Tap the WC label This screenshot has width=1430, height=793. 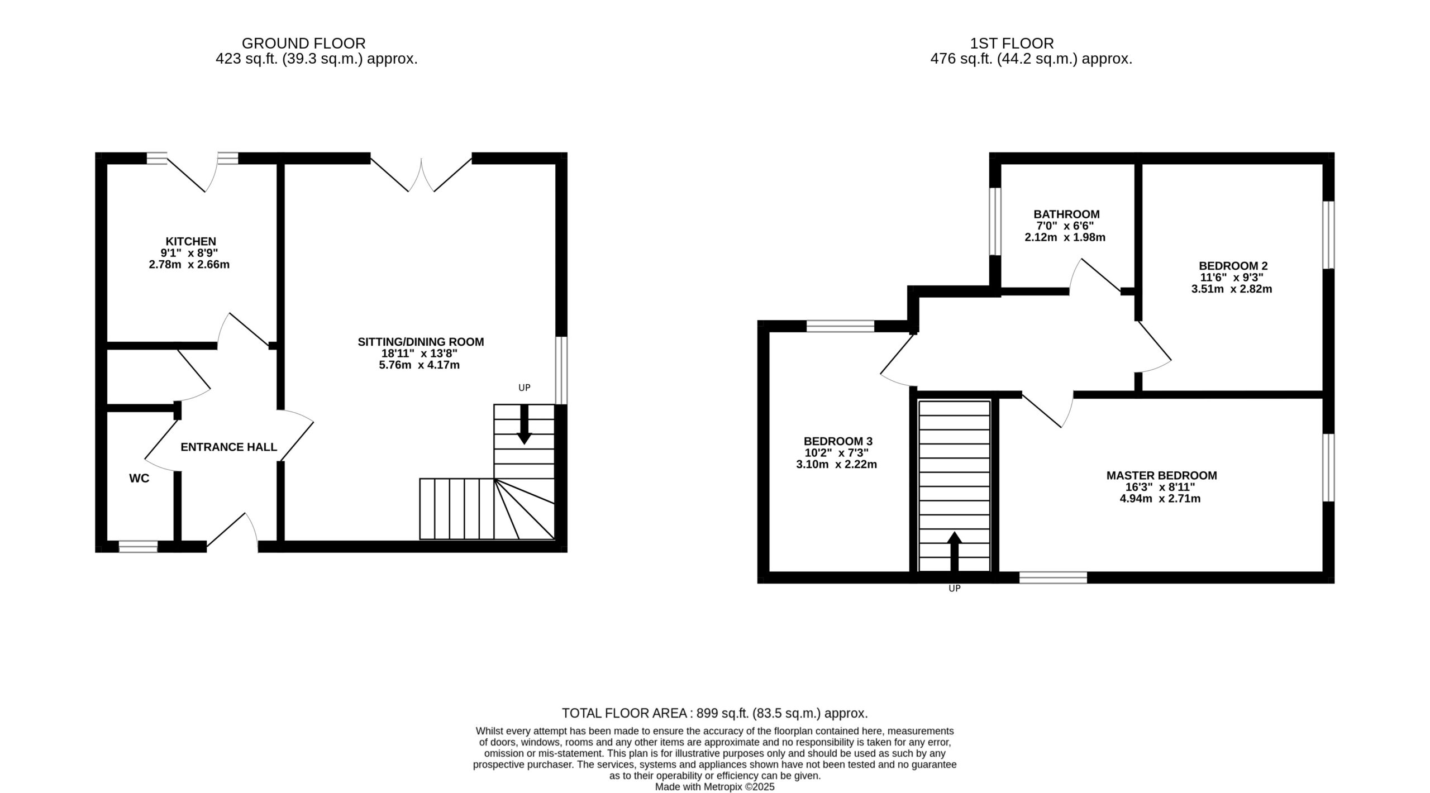(139, 479)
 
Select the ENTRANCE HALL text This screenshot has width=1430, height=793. (229, 447)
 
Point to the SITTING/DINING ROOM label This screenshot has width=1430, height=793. (421, 342)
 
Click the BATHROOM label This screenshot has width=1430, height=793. (1066, 214)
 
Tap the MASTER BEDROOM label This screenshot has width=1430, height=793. (1162, 475)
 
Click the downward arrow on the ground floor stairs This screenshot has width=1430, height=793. (524, 424)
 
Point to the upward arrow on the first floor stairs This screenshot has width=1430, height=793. (955, 552)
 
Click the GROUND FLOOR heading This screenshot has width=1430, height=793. (304, 43)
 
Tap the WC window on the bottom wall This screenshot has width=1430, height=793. (138, 547)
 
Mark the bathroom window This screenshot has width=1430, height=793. (995, 221)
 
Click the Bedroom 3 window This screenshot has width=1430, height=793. (841, 326)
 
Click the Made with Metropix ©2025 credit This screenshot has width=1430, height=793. (715, 787)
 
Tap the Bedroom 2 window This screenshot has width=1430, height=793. (1328, 235)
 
